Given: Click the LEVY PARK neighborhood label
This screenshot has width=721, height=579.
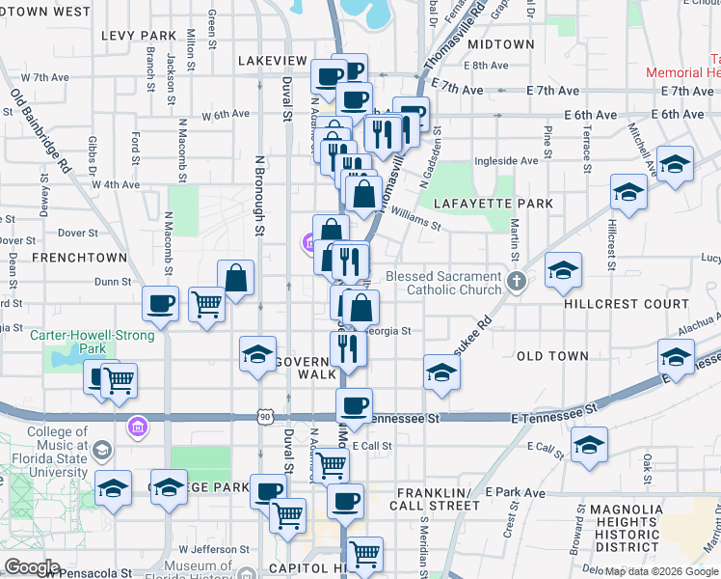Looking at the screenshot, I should [x=139, y=36].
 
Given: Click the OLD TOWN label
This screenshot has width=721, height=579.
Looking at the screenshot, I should [x=552, y=356].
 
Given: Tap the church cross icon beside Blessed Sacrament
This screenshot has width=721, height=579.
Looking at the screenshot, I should [x=517, y=282].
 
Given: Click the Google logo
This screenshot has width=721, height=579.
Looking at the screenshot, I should [x=32, y=567].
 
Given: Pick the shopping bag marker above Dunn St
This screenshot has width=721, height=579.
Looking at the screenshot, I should [x=236, y=279].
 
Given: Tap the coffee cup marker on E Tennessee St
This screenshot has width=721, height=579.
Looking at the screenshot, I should [x=354, y=405].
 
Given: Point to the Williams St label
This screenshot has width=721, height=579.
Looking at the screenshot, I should [x=416, y=222].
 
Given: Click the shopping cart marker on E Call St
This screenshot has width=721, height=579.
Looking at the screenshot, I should [x=331, y=465].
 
